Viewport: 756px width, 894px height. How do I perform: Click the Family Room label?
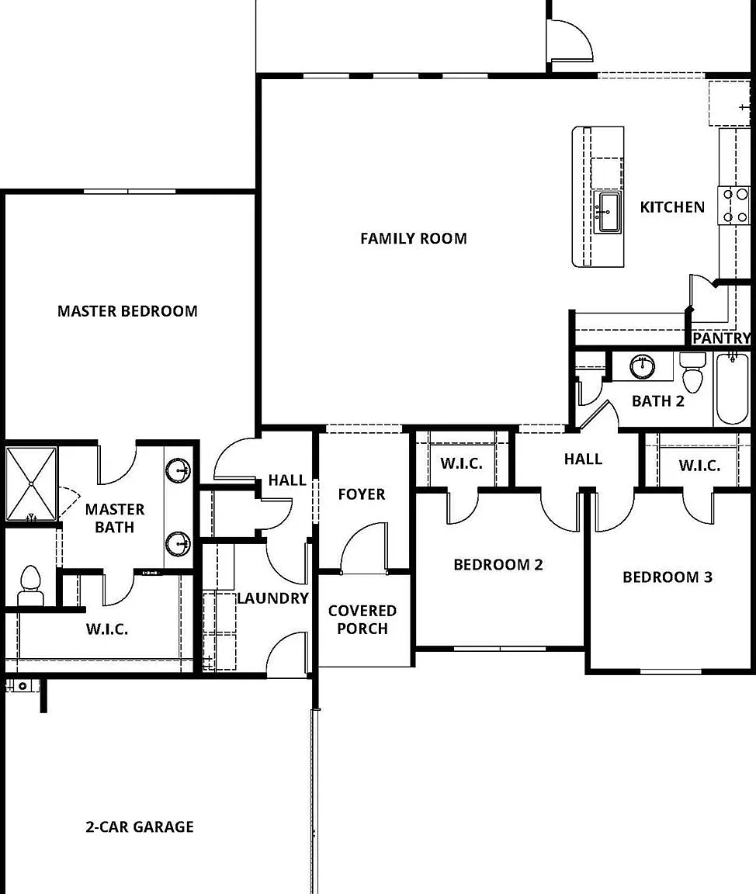[x=414, y=238]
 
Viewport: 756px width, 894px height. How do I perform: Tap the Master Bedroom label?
[x=128, y=311]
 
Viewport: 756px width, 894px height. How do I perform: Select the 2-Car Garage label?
[x=140, y=826]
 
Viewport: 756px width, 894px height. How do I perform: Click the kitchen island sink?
[x=608, y=212]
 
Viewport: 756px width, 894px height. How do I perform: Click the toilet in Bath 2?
[x=692, y=372]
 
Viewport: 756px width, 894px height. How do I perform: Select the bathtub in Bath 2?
[x=732, y=388]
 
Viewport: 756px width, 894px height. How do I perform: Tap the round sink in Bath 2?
[x=643, y=366]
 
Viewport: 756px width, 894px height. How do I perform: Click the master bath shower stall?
[x=31, y=484]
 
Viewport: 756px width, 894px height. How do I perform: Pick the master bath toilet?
[x=30, y=586]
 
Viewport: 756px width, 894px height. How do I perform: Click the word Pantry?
[x=721, y=338]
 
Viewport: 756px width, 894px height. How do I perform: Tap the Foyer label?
[x=362, y=494]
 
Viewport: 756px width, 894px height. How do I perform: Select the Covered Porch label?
[x=362, y=620]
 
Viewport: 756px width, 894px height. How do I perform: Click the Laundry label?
[x=272, y=598]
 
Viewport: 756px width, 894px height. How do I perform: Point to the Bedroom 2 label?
[x=498, y=565]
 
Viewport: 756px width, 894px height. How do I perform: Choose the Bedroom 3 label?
[x=668, y=577]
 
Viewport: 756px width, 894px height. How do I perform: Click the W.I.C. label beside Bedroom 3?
[x=699, y=466]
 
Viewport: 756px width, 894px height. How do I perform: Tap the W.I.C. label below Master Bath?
[x=107, y=629]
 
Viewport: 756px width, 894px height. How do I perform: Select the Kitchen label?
[x=672, y=207]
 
